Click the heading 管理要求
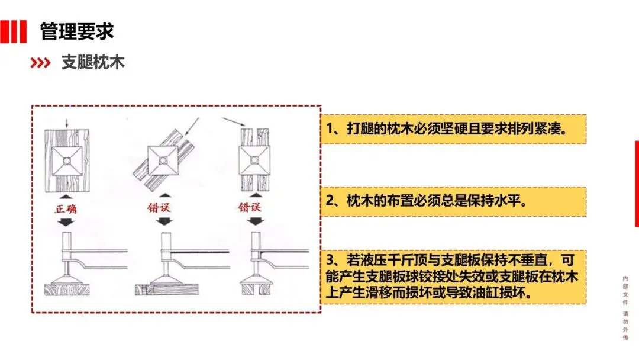(x=76, y=31)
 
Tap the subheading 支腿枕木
(x=93, y=62)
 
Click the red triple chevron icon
(x=40, y=63)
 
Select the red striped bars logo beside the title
(x=14, y=31)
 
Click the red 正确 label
(x=66, y=209)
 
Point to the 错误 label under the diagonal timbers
(x=159, y=207)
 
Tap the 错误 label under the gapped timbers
(x=250, y=207)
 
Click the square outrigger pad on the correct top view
(x=67, y=161)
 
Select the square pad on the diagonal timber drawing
(x=163, y=160)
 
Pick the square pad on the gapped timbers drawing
(x=254, y=160)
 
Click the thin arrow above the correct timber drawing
(x=67, y=124)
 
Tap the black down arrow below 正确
(x=66, y=222)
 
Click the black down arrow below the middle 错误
(x=164, y=221)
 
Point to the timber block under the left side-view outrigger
(x=67, y=290)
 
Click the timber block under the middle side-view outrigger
(x=167, y=290)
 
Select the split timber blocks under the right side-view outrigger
(x=257, y=289)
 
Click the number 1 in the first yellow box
(x=330, y=129)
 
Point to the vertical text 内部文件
(x=625, y=291)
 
